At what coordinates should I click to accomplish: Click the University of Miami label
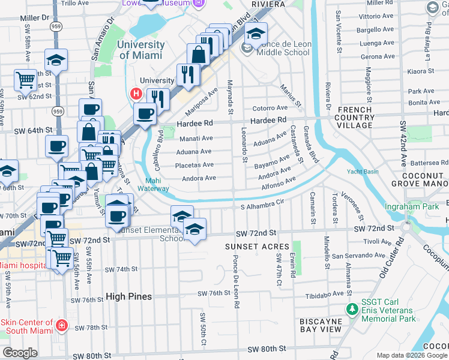tap(141, 50)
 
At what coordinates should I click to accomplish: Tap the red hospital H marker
tap(136, 94)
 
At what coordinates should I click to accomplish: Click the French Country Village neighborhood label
tap(355, 117)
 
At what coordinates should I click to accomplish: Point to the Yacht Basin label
tap(363, 171)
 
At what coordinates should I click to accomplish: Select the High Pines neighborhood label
tap(129, 296)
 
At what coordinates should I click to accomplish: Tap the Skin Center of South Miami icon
tap(61, 326)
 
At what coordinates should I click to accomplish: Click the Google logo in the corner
tap(20, 353)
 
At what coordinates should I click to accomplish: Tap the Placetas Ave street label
tap(194, 165)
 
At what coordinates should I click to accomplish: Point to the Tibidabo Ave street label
tap(324, 294)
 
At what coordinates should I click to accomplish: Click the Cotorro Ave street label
tap(270, 108)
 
